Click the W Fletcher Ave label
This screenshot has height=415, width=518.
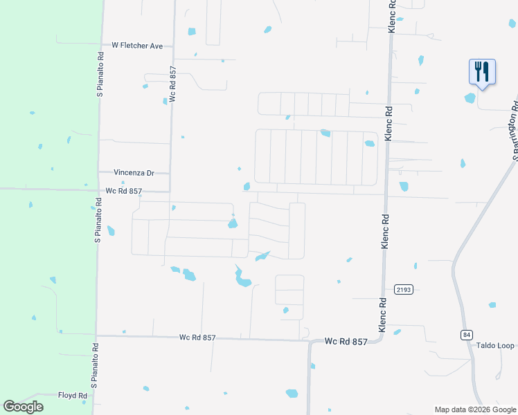137,46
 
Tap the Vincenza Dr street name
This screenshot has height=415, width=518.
134,172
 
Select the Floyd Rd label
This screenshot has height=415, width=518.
73,396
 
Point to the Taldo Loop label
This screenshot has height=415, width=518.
495,346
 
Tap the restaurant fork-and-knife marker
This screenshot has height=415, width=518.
482,72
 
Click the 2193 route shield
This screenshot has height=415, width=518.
404,288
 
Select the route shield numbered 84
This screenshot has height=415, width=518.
466,335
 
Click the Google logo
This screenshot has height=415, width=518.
23,407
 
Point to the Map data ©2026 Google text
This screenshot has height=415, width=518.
475,409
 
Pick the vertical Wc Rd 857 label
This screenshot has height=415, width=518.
172,84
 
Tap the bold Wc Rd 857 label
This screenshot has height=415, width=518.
346,342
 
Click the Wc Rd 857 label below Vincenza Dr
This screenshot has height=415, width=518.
124,191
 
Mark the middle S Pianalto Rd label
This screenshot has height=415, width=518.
98,220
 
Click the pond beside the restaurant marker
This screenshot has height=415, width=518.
470,98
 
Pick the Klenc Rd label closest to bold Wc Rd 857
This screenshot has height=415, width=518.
382,315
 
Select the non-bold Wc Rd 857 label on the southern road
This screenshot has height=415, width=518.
197,338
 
